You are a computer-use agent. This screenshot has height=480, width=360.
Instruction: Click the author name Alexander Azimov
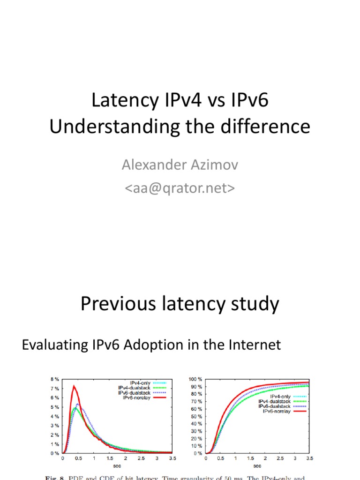(x=180, y=165)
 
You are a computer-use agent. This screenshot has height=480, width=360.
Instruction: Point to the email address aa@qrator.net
(x=180, y=187)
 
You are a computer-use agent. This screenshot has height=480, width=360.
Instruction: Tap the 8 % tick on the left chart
(x=54, y=379)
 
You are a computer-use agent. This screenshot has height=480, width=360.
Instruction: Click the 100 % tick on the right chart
(x=195, y=379)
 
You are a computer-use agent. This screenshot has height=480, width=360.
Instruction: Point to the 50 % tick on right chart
(x=196, y=416)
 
